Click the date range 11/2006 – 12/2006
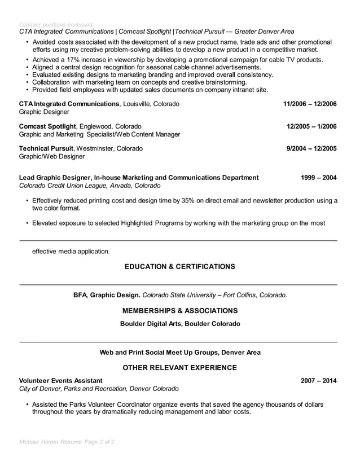pyautogui.click(x=310, y=104)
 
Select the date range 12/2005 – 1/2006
pyautogui.click(x=311, y=126)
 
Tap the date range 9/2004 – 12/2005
pyautogui.click(x=311, y=148)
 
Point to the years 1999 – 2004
pyautogui.click(x=319, y=177)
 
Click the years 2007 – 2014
pyautogui.click(x=319, y=380)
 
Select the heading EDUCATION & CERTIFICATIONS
pyautogui.click(x=179, y=266)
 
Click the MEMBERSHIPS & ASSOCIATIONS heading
pyautogui.click(x=179, y=311)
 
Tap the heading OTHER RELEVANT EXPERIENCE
pyautogui.click(x=179, y=368)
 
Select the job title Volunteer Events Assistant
pyautogui.click(x=61, y=380)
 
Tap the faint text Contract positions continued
pyautogui.click(x=56, y=25)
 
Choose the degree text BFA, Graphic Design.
pyautogui.click(x=107, y=294)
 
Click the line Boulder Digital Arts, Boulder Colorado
pyautogui.click(x=179, y=324)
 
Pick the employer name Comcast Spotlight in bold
pyautogui.click(x=47, y=126)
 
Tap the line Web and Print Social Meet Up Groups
pyautogui.click(x=179, y=352)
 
